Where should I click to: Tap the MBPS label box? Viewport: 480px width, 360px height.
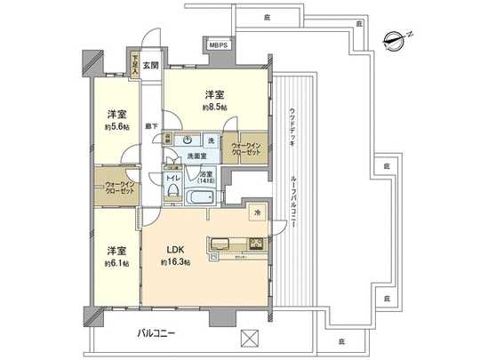219,44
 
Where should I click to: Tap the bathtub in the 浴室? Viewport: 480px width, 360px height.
203,196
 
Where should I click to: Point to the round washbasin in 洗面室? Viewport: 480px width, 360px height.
189,140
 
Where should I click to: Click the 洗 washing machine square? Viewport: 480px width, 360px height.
211,140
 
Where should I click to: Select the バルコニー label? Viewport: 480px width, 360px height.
156,333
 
